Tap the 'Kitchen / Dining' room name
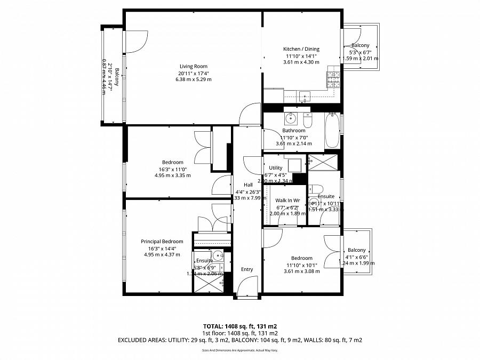pos(301,49)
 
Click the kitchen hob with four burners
pos(333,80)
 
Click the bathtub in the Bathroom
pos(332,131)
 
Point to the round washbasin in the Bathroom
pos(292,117)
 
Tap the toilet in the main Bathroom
pos(308,117)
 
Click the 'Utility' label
pos(275,168)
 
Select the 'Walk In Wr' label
pos(287,201)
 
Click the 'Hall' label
pos(247,185)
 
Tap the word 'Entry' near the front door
pos(247,269)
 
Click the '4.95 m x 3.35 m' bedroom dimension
pos(172,175)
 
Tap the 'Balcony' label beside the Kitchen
pos(361,45)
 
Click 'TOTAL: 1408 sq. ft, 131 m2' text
pos(239,325)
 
